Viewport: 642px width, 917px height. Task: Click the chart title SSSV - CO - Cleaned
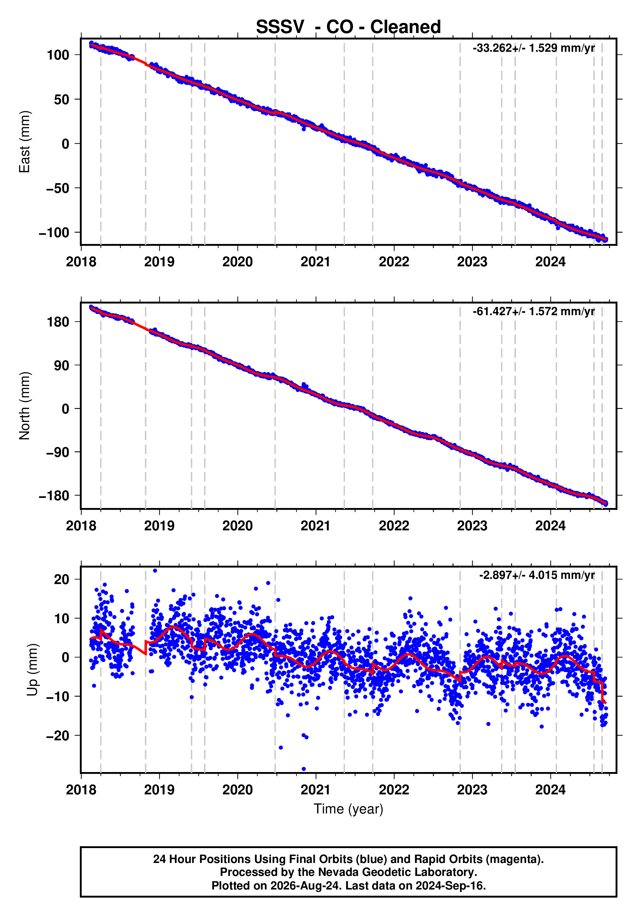[x=348, y=27]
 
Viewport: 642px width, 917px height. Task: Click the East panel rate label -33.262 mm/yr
[x=533, y=48]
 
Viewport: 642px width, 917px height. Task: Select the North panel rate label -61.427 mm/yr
[x=533, y=311]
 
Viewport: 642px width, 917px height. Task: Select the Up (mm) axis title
[x=33, y=670]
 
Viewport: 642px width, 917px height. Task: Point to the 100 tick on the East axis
[x=58, y=55]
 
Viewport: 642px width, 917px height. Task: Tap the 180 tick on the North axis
[x=58, y=322]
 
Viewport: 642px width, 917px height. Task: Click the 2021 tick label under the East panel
[x=316, y=262]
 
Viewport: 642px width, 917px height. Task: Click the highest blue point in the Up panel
[x=155, y=571]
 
